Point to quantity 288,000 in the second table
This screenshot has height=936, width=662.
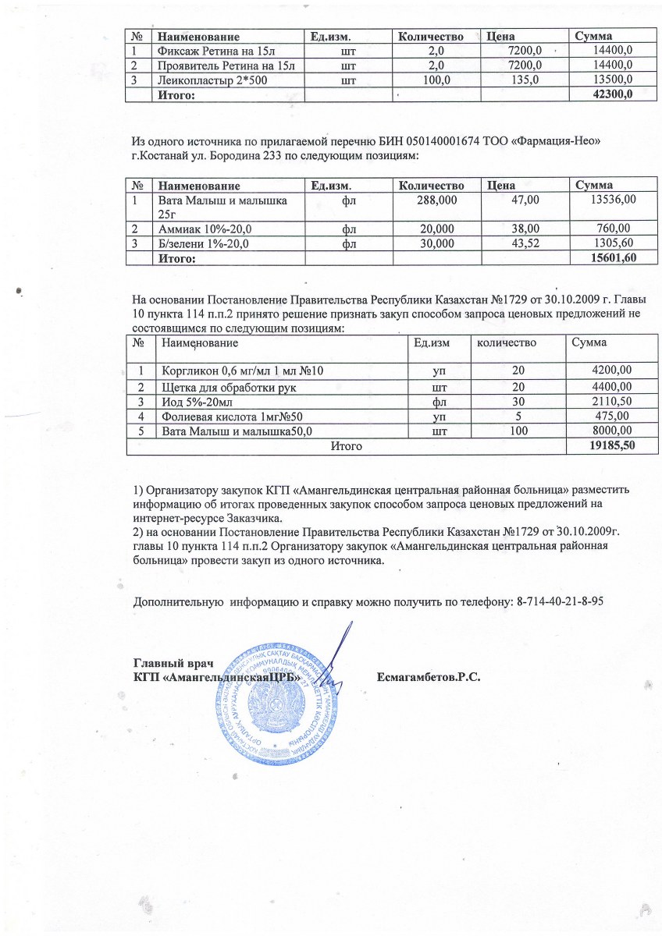(x=436, y=200)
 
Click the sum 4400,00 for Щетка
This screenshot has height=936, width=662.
(x=612, y=387)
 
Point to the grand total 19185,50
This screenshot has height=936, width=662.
(x=610, y=446)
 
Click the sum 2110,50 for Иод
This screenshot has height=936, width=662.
(x=612, y=402)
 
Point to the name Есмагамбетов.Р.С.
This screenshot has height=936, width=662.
(x=428, y=675)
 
